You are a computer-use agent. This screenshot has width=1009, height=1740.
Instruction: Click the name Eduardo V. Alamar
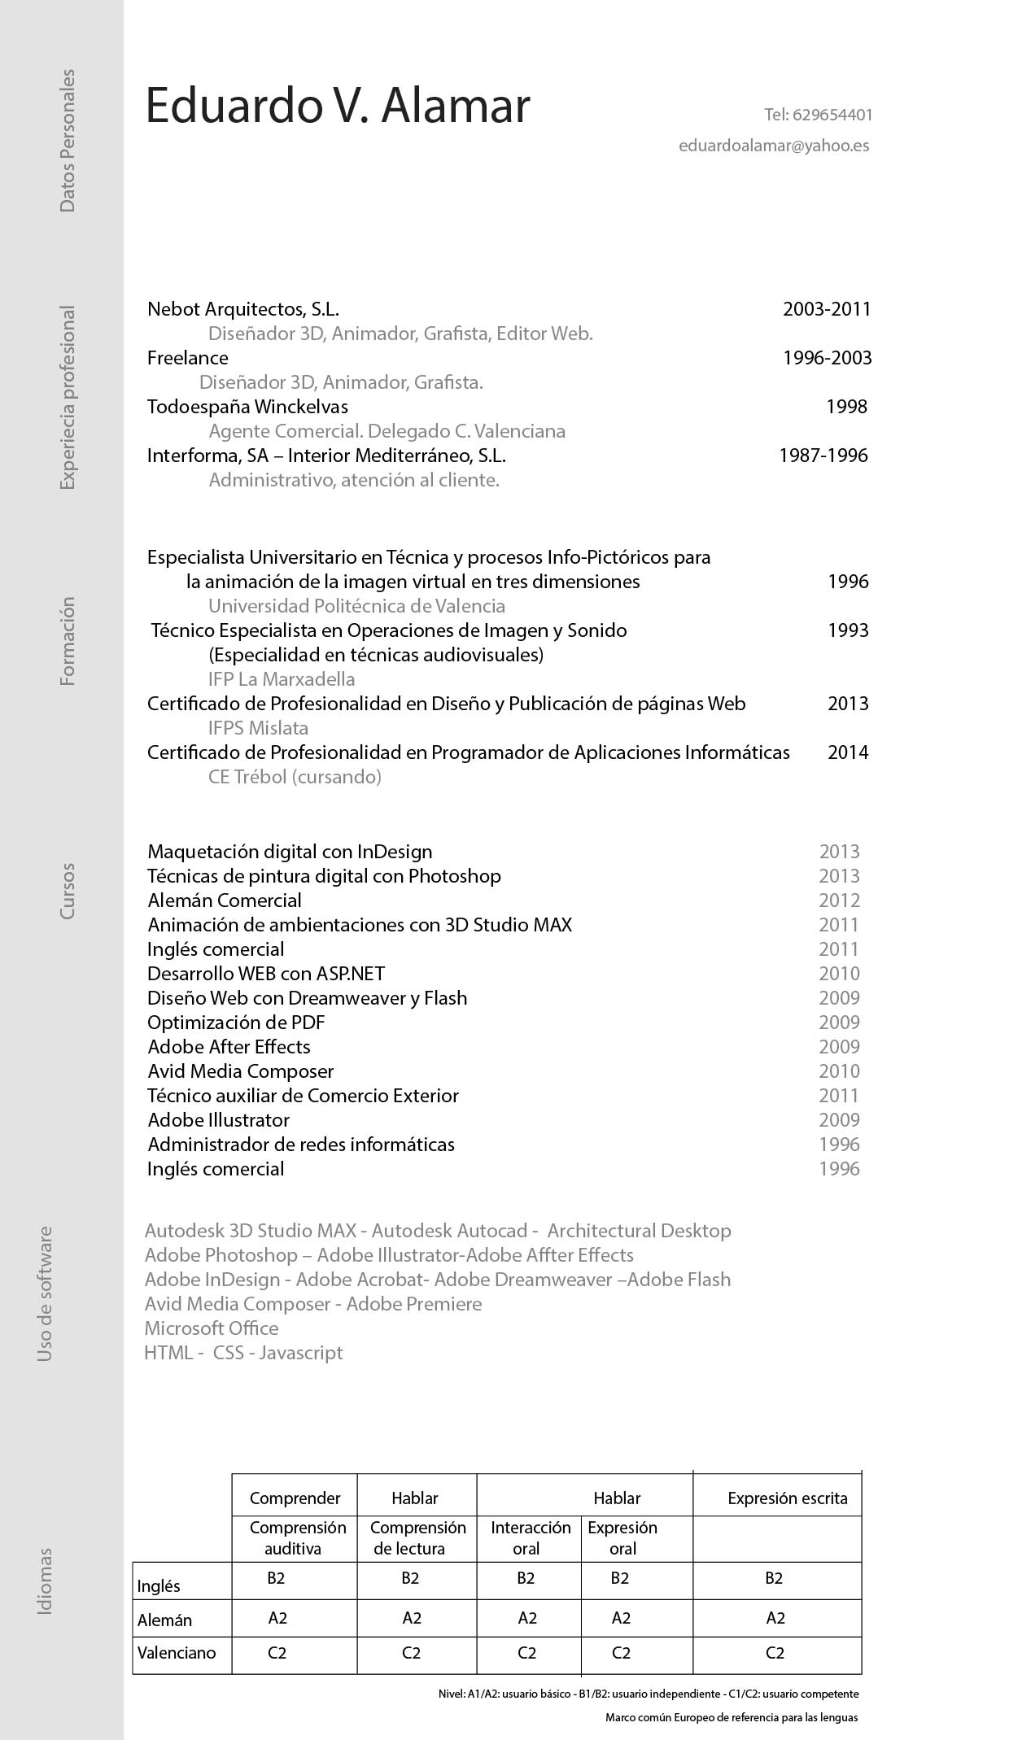click(x=338, y=106)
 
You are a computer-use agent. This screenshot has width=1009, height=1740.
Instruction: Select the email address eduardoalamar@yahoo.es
click(x=774, y=146)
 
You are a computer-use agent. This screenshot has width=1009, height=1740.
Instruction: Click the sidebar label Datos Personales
click(x=68, y=141)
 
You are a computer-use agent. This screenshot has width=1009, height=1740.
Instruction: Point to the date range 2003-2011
click(x=827, y=309)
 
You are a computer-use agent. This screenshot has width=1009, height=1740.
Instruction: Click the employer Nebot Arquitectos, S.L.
click(x=242, y=309)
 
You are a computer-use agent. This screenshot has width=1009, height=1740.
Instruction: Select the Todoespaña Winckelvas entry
click(x=247, y=407)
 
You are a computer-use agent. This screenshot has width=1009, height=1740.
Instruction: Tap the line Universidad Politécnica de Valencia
click(x=356, y=606)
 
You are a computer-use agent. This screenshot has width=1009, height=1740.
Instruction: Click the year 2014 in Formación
click(x=848, y=752)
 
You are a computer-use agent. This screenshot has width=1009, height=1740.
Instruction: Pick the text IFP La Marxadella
click(x=282, y=679)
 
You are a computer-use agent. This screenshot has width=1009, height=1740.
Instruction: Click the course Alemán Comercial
click(x=225, y=901)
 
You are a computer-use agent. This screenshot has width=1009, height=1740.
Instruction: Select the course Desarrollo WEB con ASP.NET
click(x=266, y=974)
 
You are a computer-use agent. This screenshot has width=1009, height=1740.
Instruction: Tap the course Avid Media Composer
click(x=241, y=1071)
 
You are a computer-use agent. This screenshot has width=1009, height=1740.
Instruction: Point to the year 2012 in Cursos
click(x=839, y=901)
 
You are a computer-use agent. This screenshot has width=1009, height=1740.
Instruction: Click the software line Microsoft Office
click(x=212, y=1328)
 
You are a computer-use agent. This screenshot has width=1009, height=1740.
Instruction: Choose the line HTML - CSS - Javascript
click(x=243, y=1353)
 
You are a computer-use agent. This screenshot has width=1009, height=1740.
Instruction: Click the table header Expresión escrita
click(x=787, y=1498)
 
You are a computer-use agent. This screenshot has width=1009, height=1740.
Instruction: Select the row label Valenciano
click(x=177, y=1653)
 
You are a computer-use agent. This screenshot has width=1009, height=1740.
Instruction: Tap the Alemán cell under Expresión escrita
click(x=775, y=1618)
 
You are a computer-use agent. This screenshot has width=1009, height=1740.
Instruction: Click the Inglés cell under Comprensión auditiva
click(x=276, y=1579)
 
